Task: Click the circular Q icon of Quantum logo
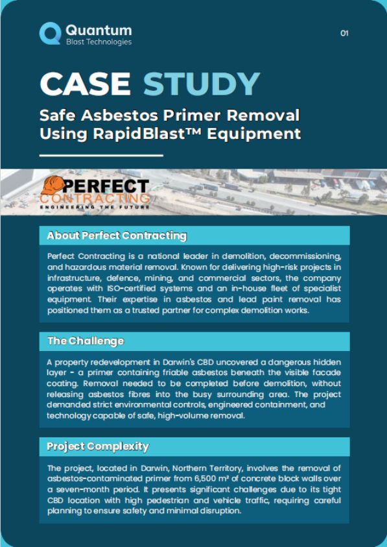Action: pos(50,33)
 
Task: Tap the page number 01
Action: pos(344,33)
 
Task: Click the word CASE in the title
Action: pos(85,84)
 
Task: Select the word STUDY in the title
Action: pos(202,84)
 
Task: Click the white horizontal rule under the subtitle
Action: pos(101,156)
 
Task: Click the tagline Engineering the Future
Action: pos(95,208)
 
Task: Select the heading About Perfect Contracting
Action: pos(117,236)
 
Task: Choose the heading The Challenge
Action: pos(85,341)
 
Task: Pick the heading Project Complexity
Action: pos(98,446)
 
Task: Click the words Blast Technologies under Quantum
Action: pos(99,42)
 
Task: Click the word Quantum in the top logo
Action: pos(99,30)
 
